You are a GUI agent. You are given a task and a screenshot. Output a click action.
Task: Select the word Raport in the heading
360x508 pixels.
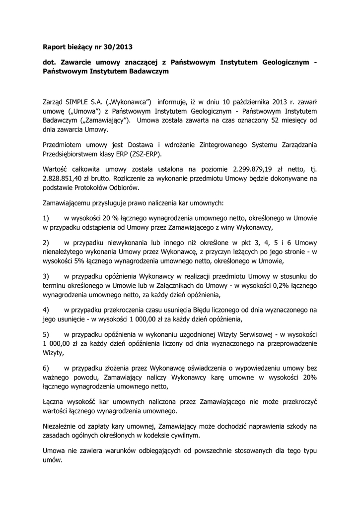pyautogui.click(x=55, y=48)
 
